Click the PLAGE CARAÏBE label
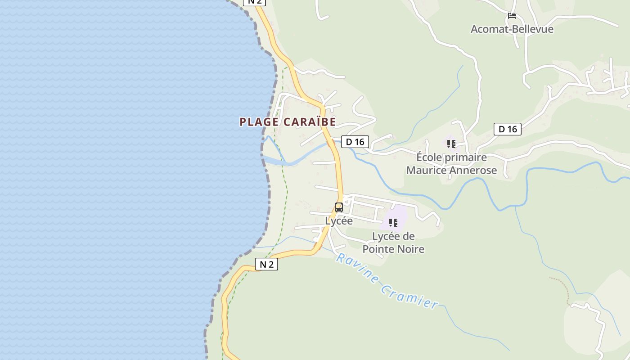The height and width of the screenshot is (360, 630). click(x=288, y=122)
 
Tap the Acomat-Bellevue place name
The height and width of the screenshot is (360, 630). click(x=512, y=29)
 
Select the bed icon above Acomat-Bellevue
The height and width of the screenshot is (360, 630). click(x=512, y=16)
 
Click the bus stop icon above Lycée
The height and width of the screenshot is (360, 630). click(x=339, y=207)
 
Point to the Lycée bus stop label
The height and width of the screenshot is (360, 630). click(x=339, y=221)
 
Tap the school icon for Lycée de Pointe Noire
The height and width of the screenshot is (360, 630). click(x=393, y=222)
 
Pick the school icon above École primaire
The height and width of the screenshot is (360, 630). click(x=451, y=144)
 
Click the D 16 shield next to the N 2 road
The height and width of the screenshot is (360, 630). click(x=355, y=142)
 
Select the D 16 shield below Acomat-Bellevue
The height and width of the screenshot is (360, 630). click(x=508, y=129)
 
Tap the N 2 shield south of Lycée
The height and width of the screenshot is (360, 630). click(x=266, y=264)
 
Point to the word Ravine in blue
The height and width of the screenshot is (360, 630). click(x=357, y=269)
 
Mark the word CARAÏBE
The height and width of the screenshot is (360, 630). click(x=310, y=122)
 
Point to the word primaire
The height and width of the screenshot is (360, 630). click(x=466, y=157)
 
